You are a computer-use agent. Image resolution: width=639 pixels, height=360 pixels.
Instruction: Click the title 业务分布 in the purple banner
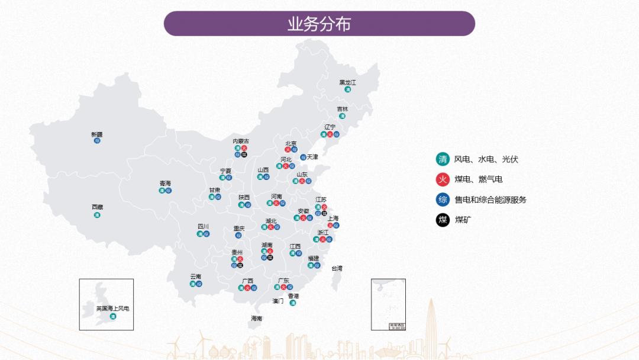pos(319,24)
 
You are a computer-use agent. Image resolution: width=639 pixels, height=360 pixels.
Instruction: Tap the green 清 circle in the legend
pos(443,159)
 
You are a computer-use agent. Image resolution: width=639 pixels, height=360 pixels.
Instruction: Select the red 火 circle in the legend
pos(443,179)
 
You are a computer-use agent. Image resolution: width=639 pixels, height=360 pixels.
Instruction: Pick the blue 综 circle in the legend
pos(443,200)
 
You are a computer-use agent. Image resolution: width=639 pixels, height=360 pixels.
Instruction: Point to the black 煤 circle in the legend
pos(443,220)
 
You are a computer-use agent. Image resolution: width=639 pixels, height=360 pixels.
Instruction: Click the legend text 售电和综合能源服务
pos(490,200)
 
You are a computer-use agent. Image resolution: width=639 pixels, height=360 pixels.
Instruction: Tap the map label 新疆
pos(97,134)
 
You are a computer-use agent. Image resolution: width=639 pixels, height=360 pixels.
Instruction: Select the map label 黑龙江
pos(347,82)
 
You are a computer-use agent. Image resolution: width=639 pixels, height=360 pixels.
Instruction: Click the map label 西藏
pos(97,207)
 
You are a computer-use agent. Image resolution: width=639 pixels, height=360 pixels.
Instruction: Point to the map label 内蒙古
pos(241,141)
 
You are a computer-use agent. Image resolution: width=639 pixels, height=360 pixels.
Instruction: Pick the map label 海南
pos(256,319)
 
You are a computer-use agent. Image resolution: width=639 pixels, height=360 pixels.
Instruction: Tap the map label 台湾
pos(336,268)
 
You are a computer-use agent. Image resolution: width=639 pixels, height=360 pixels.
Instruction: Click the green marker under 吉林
pos(342,116)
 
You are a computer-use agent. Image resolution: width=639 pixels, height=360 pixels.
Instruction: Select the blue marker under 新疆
pos(97,141)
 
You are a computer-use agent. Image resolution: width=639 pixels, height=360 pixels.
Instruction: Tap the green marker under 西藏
pos(97,215)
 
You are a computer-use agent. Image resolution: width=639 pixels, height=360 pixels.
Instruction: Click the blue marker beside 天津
pos(303,157)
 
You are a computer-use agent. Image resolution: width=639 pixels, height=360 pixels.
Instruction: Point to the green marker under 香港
pos(293,303)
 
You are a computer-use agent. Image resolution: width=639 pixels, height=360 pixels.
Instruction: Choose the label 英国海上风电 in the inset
pos(112,308)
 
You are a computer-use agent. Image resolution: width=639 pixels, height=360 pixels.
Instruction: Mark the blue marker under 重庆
pos(238,235)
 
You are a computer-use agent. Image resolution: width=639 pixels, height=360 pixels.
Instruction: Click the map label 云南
pos(196,277)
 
